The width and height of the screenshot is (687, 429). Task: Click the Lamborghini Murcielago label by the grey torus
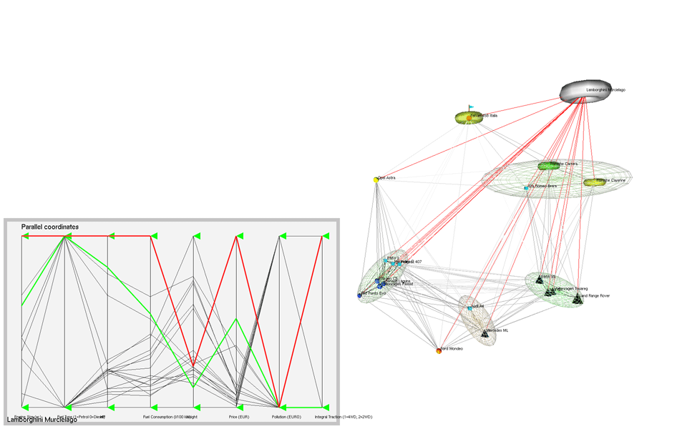[605, 90]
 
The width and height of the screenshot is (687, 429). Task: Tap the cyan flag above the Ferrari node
[472, 108]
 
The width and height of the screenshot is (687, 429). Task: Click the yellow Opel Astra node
[376, 179]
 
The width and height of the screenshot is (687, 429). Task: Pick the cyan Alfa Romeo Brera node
[527, 187]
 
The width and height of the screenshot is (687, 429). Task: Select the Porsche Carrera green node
[548, 166]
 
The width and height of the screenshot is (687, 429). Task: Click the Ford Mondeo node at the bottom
[438, 350]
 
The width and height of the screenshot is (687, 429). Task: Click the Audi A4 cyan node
[469, 308]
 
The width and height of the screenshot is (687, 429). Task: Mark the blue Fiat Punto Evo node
[359, 295]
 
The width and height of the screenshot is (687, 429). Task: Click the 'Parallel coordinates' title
[50, 227]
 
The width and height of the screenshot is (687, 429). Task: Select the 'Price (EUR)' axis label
[239, 416]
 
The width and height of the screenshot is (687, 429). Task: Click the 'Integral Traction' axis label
[343, 416]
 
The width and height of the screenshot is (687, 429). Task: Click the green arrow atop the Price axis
[241, 236]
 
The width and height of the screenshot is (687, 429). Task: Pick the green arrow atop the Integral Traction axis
[326, 236]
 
